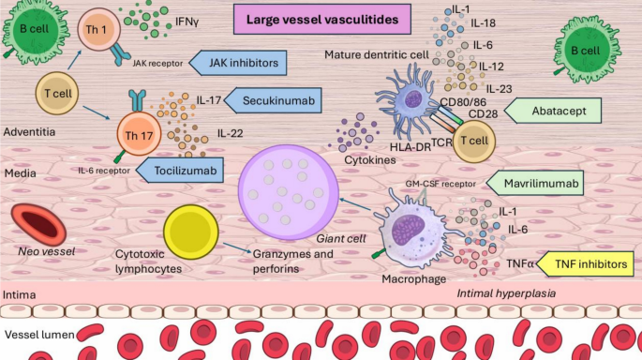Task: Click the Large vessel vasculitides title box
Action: click(x=322, y=20)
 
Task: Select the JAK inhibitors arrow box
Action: click(x=238, y=63)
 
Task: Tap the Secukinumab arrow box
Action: click(x=273, y=100)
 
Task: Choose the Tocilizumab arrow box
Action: click(x=180, y=171)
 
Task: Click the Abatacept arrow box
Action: click(x=553, y=111)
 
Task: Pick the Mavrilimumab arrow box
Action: click(x=535, y=183)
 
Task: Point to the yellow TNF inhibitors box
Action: click(x=585, y=263)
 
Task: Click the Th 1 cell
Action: click(x=99, y=29)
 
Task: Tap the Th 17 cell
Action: click(x=139, y=135)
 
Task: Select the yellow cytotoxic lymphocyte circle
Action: click(x=191, y=232)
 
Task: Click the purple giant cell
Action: click(x=289, y=192)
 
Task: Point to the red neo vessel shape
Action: click(x=38, y=224)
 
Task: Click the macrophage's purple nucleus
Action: click(x=408, y=231)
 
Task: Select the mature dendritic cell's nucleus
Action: click(x=413, y=99)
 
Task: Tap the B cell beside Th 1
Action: click(x=36, y=30)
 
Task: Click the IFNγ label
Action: click(x=187, y=22)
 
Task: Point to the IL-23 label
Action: click(x=499, y=89)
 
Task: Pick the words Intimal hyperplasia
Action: click(x=506, y=293)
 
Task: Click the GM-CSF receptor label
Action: click(x=440, y=184)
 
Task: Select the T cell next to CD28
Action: click(x=473, y=142)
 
